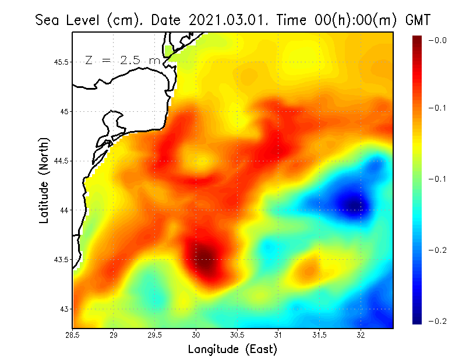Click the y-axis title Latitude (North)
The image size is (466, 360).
(x=44, y=180)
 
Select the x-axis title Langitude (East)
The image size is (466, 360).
(x=232, y=349)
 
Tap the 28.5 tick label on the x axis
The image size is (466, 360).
(x=73, y=335)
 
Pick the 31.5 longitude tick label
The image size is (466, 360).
(x=320, y=335)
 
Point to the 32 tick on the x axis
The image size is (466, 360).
(x=361, y=335)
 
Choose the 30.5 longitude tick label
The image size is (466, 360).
(x=238, y=335)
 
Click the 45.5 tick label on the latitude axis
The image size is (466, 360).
(x=62, y=62)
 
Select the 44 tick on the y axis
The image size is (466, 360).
(x=64, y=210)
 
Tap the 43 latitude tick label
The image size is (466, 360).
(x=64, y=309)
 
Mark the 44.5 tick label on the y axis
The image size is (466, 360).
(x=62, y=161)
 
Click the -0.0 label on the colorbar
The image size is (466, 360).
(x=437, y=41)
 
